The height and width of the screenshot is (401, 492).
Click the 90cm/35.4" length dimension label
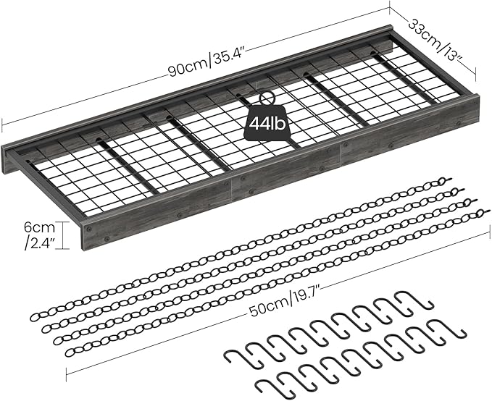point(207,63)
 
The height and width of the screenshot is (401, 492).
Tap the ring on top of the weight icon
point(267,98)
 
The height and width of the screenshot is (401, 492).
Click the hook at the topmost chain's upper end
point(446,181)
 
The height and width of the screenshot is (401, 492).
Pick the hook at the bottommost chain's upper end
point(483,214)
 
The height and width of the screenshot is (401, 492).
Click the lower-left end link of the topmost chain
point(35,317)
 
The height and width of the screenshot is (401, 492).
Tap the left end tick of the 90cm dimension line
point(2,125)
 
